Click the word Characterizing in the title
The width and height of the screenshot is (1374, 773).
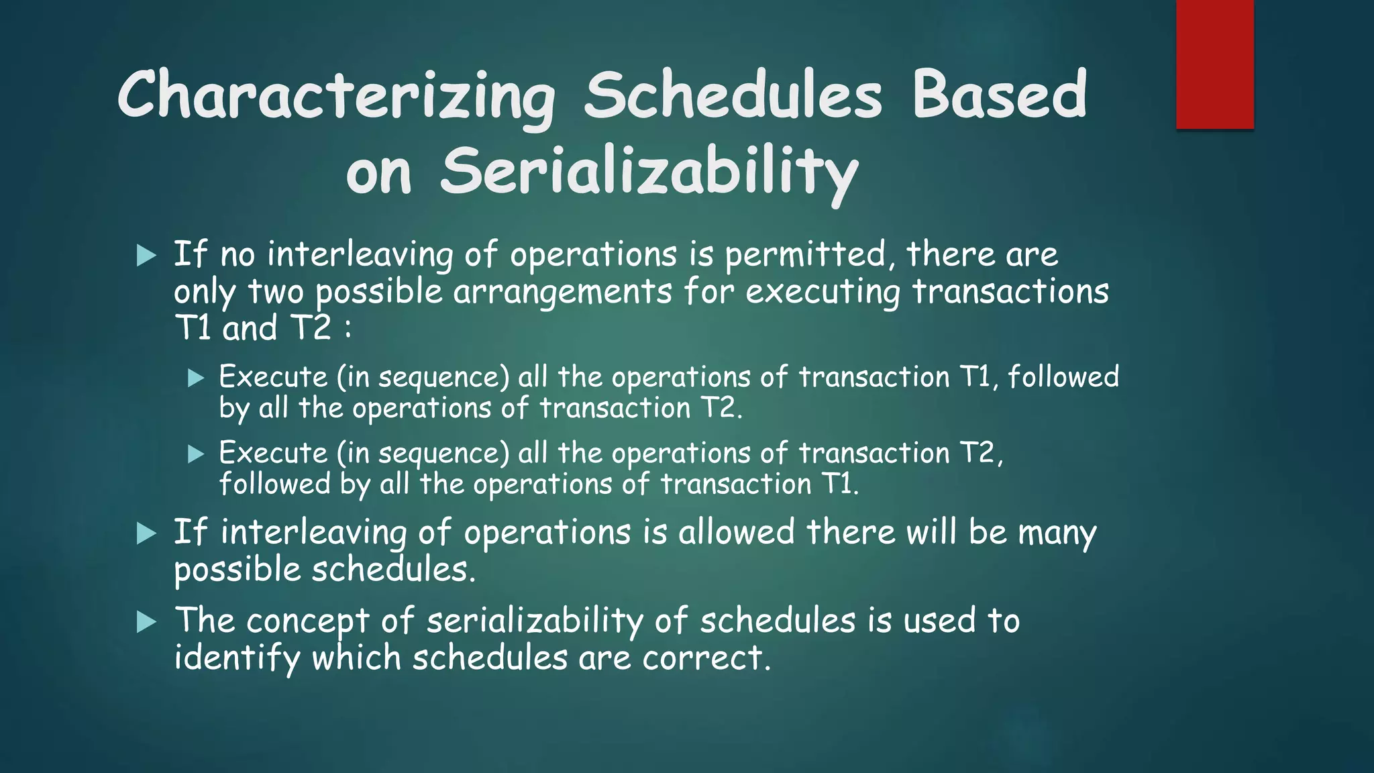335,96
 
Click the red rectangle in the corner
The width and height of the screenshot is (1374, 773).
1214,64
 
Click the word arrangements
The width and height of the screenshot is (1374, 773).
562,292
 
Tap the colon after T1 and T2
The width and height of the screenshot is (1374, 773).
347,329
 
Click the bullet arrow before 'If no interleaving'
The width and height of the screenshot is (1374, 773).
146,255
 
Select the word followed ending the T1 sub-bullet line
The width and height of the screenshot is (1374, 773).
1063,376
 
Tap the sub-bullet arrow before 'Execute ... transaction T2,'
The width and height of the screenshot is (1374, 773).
195,454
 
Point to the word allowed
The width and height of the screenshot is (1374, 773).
736,532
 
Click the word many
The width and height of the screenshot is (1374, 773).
1057,533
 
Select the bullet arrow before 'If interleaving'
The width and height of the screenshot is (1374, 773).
146,533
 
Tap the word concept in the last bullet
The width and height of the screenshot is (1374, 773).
307,621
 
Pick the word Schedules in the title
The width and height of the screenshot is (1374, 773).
733,96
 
